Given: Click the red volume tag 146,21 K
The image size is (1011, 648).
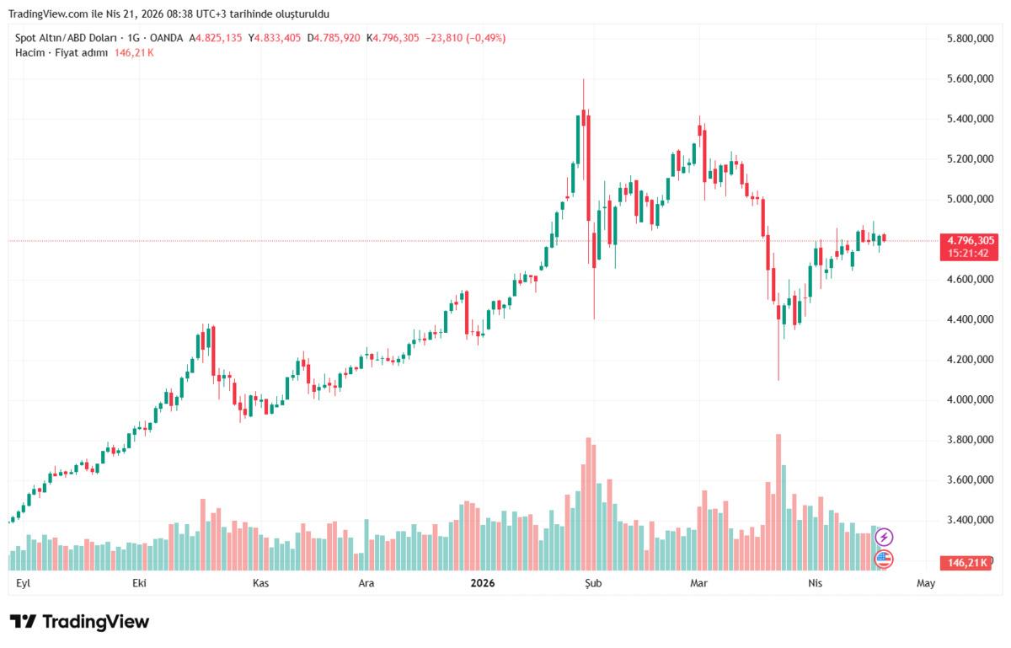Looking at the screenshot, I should [967, 562].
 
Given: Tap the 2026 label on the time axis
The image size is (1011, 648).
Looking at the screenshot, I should [483, 583].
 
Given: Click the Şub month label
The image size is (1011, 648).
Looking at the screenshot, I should [594, 583].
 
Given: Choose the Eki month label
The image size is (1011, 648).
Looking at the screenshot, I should [140, 583].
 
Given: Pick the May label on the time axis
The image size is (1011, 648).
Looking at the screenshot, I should [926, 583].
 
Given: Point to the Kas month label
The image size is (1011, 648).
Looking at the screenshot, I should [260, 583].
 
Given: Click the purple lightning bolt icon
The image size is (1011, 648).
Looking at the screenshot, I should [884, 537].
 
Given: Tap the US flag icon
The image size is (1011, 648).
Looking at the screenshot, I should [884, 558].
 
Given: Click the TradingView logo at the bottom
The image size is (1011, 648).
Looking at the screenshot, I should [80, 622].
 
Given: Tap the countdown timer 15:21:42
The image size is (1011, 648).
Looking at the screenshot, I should [967, 253].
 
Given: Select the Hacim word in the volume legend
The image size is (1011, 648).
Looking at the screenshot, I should [29, 52].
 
